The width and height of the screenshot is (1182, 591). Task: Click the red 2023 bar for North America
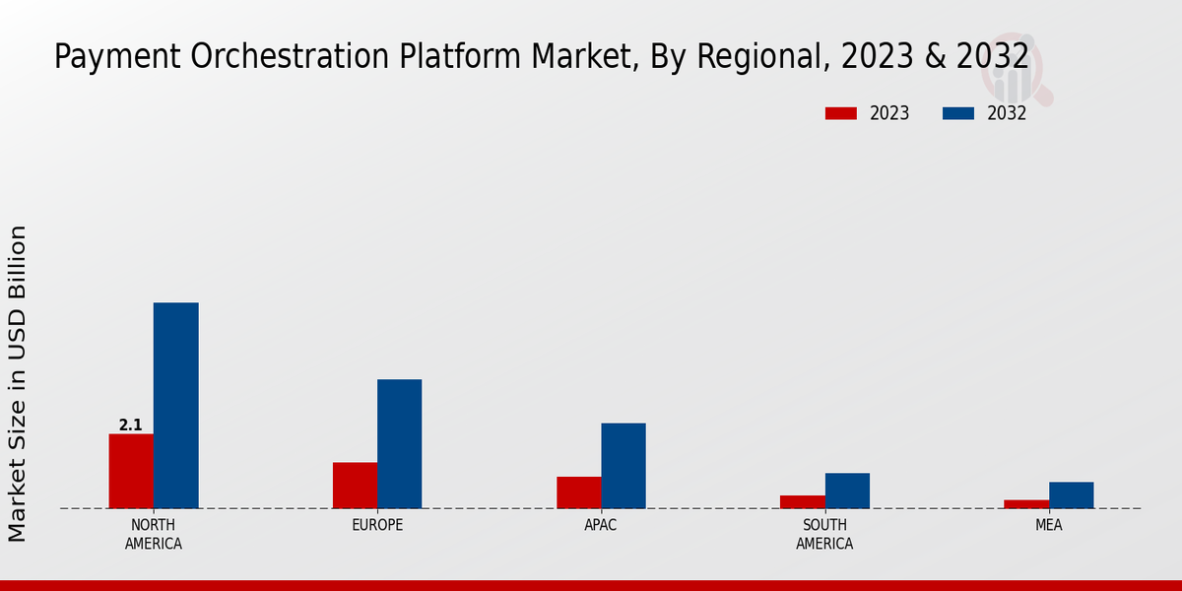(x=131, y=471)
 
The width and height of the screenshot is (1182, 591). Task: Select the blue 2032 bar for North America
(x=175, y=405)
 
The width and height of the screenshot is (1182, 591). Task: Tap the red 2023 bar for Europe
(x=355, y=485)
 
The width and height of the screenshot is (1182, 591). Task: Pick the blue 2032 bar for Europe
(x=399, y=443)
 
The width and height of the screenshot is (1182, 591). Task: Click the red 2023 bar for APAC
(x=578, y=492)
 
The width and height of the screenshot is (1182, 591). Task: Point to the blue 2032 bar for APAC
(x=624, y=465)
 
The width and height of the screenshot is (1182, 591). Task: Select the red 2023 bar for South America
(x=802, y=501)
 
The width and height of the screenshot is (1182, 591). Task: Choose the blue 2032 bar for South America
(x=847, y=491)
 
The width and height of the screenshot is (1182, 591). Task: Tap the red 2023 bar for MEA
(x=1026, y=504)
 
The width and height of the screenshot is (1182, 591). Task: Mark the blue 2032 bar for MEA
(x=1071, y=494)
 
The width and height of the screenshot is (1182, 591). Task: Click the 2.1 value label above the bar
(x=130, y=426)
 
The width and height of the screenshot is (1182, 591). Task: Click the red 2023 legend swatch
(x=841, y=113)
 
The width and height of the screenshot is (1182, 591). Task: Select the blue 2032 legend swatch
(x=958, y=113)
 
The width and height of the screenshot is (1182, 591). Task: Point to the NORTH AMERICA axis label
(x=154, y=534)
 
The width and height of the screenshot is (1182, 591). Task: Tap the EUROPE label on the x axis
(x=377, y=525)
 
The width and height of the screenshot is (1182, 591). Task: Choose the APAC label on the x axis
(x=601, y=525)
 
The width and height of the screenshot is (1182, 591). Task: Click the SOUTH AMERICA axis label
(x=824, y=534)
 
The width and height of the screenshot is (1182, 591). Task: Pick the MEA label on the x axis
(x=1048, y=525)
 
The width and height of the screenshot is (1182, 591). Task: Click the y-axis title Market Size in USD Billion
(x=18, y=384)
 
